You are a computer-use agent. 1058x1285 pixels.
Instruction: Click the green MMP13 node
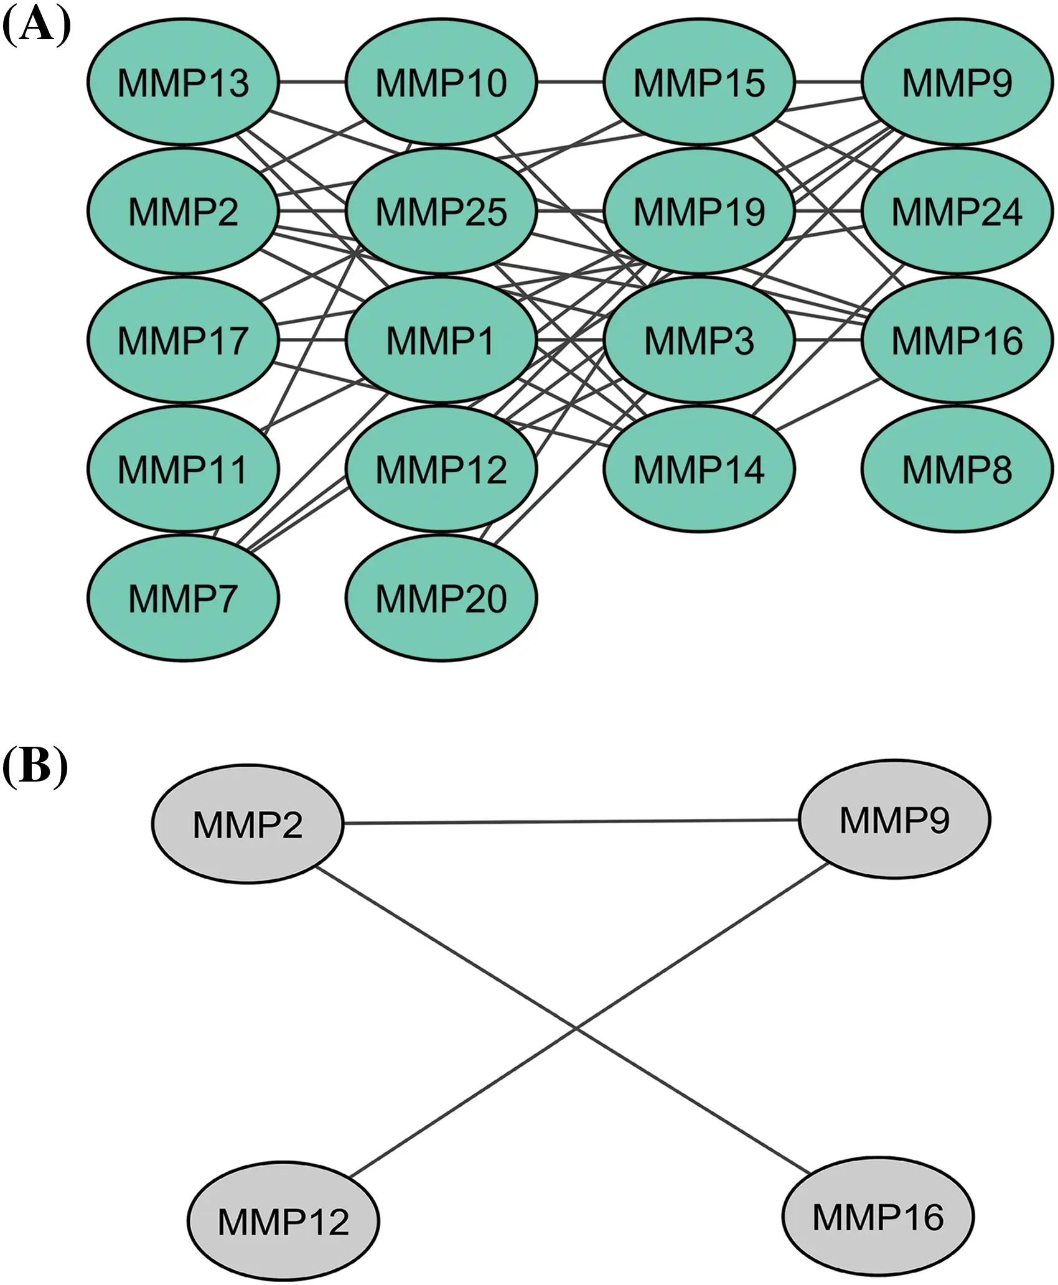tap(183, 82)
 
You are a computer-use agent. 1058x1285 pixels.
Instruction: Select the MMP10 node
tap(441, 82)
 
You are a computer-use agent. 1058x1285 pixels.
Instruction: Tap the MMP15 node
tap(699, 82)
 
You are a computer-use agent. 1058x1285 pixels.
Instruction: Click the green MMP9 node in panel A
tap(957, 82)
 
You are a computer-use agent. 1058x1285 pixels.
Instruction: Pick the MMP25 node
tap(441, 211)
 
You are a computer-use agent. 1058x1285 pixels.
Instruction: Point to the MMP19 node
tap(699, 211)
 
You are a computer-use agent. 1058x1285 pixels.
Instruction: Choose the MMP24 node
tap(957, 211)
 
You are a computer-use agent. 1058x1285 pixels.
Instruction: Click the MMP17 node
tap(183, 340)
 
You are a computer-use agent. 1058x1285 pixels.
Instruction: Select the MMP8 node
tap(957, 469)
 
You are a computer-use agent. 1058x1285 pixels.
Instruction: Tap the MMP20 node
tap(441, 597)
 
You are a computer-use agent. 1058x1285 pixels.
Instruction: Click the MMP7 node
tap(183, 597)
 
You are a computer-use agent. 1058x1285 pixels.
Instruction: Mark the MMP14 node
tap(699, 469)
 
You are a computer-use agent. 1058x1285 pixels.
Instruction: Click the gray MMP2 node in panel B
tap(248, 824)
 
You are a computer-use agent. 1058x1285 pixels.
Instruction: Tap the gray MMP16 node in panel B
tap(878, 1216)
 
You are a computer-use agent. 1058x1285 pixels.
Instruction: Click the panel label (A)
tap(35, 26)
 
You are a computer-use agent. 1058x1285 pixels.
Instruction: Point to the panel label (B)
tap(34, 766)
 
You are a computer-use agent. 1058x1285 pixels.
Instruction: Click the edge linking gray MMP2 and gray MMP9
tap(571, 821)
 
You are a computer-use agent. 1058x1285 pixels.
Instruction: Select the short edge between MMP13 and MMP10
tap(312, 82)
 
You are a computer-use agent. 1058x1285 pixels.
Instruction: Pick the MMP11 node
tap(183, 469)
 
